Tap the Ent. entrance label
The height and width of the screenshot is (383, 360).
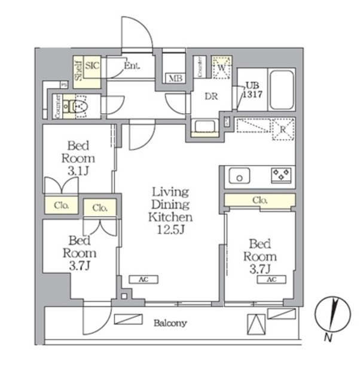(132, 66)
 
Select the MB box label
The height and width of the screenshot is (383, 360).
(175, 78)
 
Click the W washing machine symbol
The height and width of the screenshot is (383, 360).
(222, 68)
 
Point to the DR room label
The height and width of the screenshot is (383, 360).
(211, 96)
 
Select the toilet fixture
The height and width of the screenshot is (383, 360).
(78, 107)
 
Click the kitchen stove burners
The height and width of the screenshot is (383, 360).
(281, 175)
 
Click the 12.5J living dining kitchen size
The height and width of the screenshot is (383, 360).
(170, 229)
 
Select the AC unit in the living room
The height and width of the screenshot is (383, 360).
(143, 279)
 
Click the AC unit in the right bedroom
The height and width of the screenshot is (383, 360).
(271, 279)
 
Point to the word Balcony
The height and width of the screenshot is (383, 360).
(170, 323)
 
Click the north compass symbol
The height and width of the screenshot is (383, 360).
(330, 317)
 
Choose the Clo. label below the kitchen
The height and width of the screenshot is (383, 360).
(260, 200)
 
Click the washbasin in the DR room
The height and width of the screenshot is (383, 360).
(205, 126)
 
